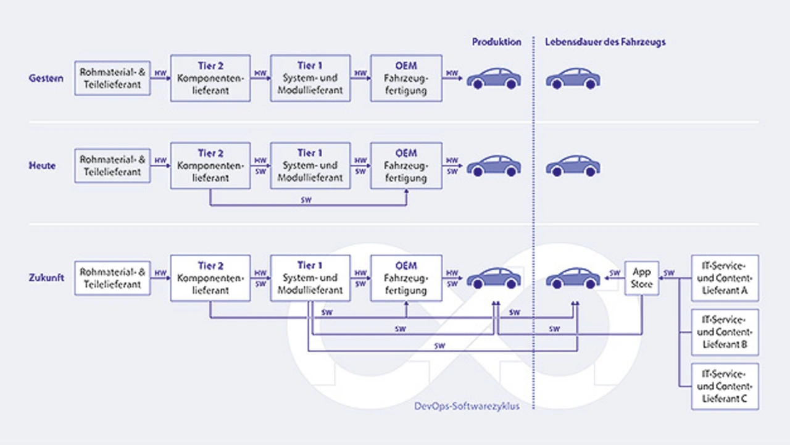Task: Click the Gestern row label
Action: coord(46,78)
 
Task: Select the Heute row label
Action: coord(42,166)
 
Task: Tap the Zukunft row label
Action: coord(46,278)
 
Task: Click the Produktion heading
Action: coord(496,42)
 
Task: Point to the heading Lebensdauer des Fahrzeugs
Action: coord(605,42)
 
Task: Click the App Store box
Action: coord(642,278)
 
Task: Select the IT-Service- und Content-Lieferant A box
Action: coord(725,278)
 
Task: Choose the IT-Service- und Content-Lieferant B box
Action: coord(725,333)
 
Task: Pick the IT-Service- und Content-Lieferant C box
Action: coord(725,386)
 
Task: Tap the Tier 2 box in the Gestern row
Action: coord(210,78)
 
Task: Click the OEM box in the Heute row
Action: coord(406,165)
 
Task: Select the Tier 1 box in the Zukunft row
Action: coord(310,278)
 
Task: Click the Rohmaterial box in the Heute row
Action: coord(112,165)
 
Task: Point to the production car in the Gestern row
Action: coord(494,78)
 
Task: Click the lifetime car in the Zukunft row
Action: coord(573,278)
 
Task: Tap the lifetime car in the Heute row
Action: coord(573,166)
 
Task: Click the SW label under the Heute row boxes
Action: coord(307,199)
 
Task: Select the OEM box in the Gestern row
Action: coord(406,78)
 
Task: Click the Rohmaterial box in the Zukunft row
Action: coord(112,278)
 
